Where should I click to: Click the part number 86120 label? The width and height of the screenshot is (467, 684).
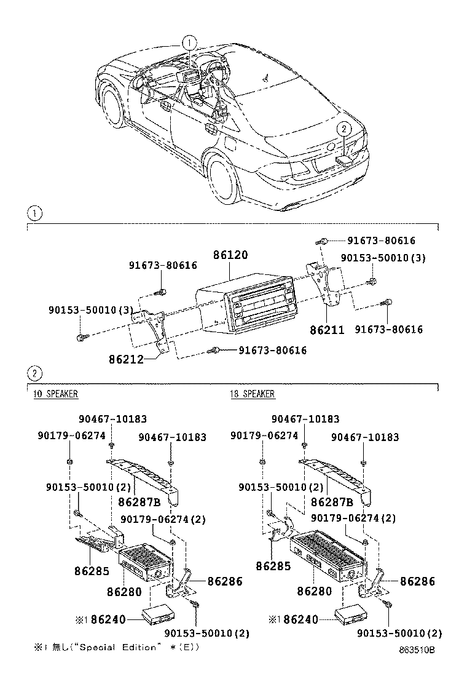click(231, 254)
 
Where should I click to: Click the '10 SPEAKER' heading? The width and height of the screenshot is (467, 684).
click(55, 394)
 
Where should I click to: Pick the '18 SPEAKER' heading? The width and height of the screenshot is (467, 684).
click(253, 394)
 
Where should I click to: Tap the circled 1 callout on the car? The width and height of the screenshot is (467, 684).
click(190, 42)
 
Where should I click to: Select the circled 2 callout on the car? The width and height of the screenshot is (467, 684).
click(343, 129)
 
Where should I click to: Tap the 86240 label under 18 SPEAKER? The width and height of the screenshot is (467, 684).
click(299, 619)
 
